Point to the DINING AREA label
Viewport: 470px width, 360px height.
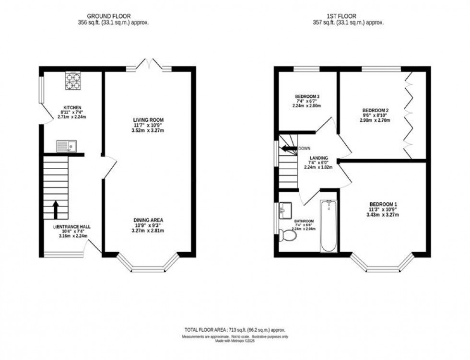click(148, 220)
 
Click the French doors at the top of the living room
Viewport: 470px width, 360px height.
click(149, 64)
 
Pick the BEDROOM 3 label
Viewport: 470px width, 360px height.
click(307, 96)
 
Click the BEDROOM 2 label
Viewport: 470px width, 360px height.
click(375, 110)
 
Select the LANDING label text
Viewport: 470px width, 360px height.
click(318, 158)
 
